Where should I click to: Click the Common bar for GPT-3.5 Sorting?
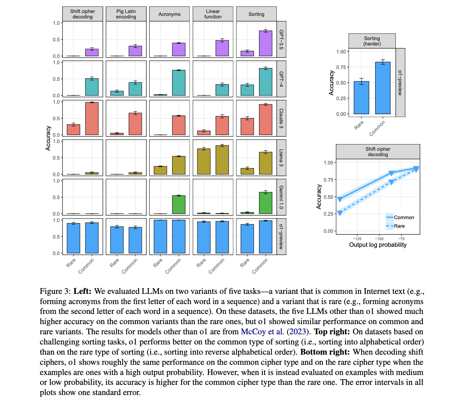pos(265,44)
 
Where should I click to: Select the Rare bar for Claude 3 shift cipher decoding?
pos(73,130)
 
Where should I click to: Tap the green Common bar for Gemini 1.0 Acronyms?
pos(179,204)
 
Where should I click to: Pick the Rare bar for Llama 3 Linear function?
pos(204,162)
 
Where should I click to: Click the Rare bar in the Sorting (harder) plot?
pos(361,98)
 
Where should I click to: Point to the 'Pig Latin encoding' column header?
pos(126,14)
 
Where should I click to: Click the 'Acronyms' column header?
pos(170,14)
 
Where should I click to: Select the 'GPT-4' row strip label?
pos(281,79)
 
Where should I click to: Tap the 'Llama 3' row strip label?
pos(281,158)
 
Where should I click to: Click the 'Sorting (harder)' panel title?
pos(372,41)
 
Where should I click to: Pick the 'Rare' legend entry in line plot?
pos(399,226)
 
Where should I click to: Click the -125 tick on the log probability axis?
pos(357,239)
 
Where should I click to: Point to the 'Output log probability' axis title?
pos(378,245)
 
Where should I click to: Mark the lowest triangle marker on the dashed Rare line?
pos(340,213)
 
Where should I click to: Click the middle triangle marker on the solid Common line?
pos(392,173)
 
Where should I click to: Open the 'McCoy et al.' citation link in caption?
pos(262,332)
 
